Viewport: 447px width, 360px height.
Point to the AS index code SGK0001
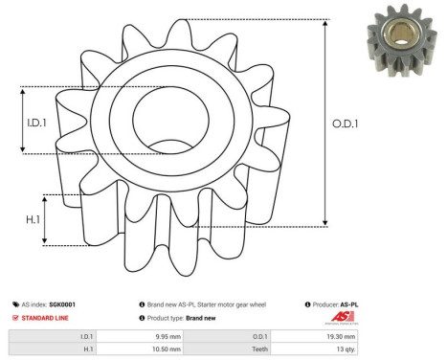(62, 304)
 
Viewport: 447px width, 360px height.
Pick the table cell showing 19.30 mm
(341, 337)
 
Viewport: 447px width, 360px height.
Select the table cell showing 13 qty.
(343, 350)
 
